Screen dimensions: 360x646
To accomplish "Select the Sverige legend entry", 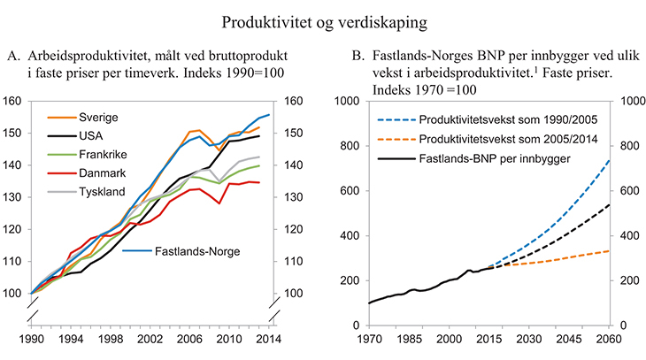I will pos(98,118).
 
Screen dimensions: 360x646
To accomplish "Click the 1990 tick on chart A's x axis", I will pos(31,339).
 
